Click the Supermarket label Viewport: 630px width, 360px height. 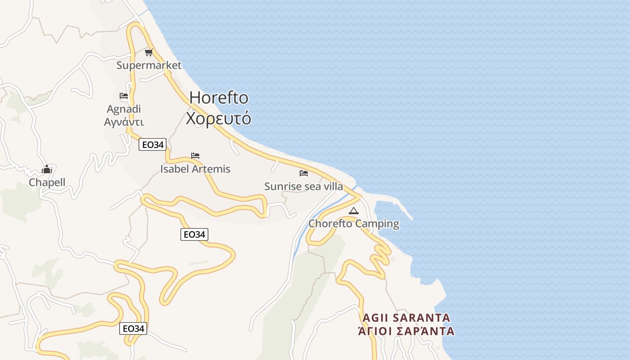(149, 65)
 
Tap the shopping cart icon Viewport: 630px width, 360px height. (149, 53)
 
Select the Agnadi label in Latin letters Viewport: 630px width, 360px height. (124, 109)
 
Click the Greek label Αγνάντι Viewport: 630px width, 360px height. (124, 122)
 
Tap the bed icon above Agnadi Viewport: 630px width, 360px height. (124, 96)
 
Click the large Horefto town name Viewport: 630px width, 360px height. (219, 98)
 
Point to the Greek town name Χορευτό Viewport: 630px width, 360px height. (219, 118)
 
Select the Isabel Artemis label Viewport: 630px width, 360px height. (195, 169)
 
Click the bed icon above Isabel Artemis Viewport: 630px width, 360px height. (195, 156)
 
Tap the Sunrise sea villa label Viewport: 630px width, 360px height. (304, 186)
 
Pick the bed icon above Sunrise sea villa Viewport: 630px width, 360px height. (304, 173)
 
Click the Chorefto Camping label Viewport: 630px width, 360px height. (354, 224)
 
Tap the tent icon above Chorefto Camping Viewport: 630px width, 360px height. (354, 211)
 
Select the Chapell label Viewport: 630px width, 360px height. (47, 182)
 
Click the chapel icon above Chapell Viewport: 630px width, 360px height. (47, 169)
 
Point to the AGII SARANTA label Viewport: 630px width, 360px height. (406, 318)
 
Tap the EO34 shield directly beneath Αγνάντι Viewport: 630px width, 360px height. (153, 144)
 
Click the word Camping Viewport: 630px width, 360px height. (377, 224)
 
